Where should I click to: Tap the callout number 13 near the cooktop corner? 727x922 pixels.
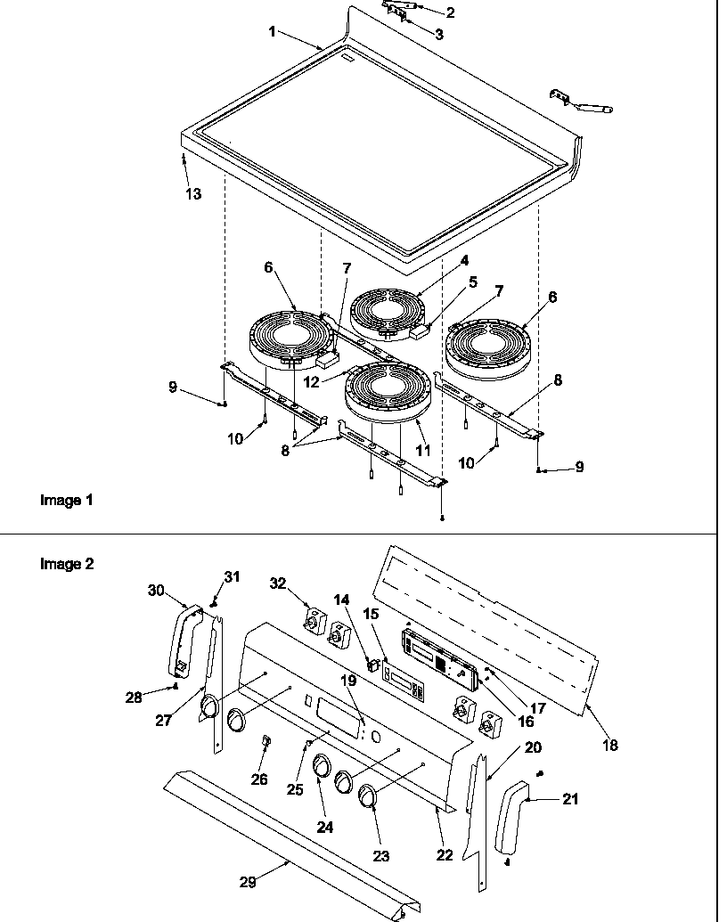pyautogui.click(x=193, y=194)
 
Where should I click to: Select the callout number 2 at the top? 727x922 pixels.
pyautogui.click(x=450, y=12)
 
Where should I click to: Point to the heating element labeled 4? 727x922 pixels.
pyautogui.click(x=388, y=312)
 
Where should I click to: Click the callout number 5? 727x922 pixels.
pyautogui.click(x=472, y=281)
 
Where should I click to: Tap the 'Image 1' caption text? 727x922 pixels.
pyautogui.click(x=66, y=500)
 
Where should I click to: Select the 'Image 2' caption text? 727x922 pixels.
pyautogui.click(x=66, y=564)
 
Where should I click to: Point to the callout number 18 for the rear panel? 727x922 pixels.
pyautogui.click(x=610, y=745)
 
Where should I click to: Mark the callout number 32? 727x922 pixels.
pyautogui.click(x=279, y=584)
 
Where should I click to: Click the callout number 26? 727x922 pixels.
pyautogui.click(x=259, y=779)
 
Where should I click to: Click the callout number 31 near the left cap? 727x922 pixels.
pyautogui.click(x=232, y=576)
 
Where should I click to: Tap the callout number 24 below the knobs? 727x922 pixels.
pyautogui.click(x=324, y=827)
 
